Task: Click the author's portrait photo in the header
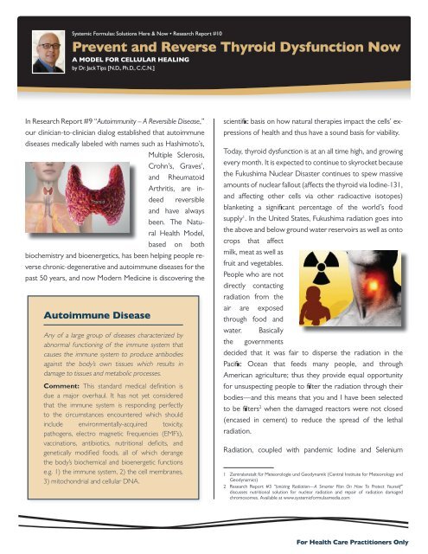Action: (39, 44)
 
